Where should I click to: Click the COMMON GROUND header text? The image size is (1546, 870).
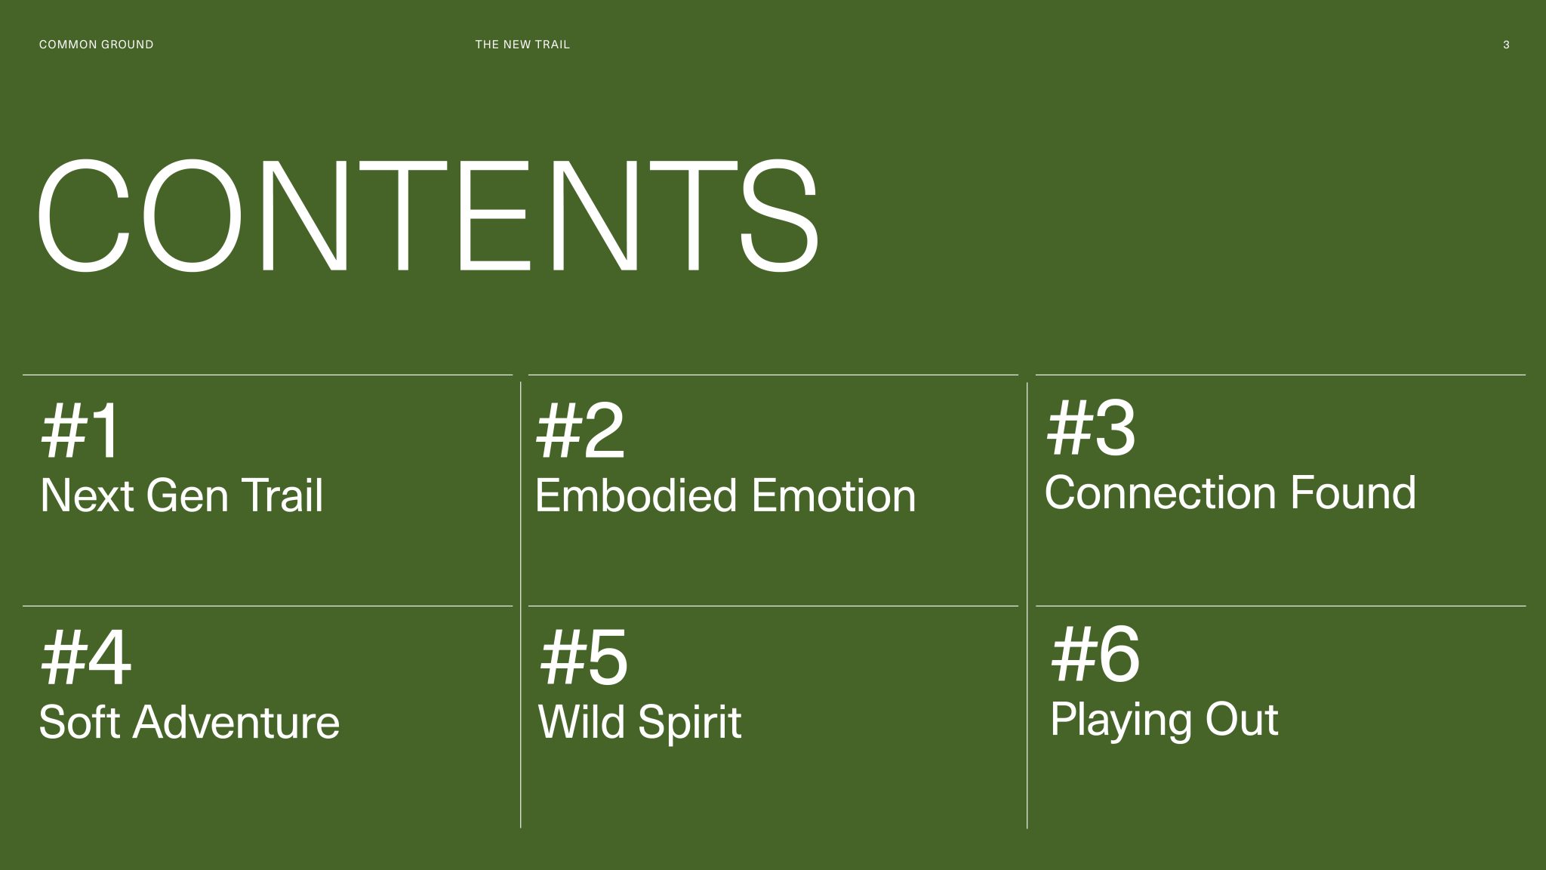[96, 45]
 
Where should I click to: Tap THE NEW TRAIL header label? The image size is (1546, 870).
[522, 45]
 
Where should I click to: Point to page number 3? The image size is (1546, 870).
[1506, 45]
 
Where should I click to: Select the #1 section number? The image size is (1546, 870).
[79, 430]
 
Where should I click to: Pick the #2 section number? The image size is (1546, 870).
[580, 430]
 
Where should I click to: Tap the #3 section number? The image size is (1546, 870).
[1091, 427]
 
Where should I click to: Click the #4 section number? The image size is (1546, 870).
[85, 657]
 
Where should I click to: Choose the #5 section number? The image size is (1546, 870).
[583, 657]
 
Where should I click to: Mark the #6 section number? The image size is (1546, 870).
[1095, 654]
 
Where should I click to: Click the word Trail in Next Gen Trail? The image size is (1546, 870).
[282, 495]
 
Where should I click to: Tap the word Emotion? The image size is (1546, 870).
[833, 495]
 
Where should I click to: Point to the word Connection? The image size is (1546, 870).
[1160, 492]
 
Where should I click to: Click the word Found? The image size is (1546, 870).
[1353, 492]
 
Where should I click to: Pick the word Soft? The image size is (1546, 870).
[79, 722]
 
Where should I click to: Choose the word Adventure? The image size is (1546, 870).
[236, 722]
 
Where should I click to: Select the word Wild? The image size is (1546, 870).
[581, 722]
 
